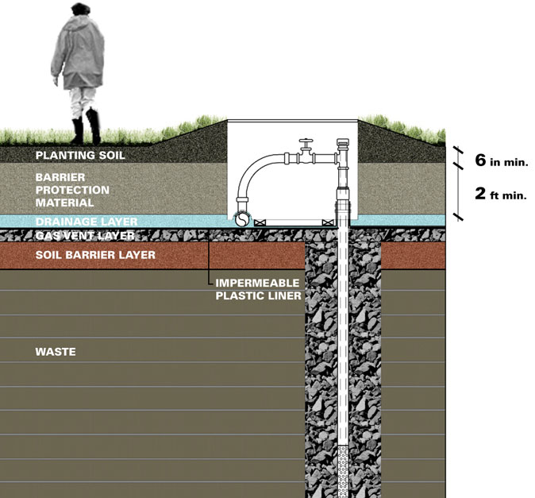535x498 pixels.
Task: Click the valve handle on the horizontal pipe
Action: (x=305, y=143)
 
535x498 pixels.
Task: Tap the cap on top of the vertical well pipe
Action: (x=343, y=144)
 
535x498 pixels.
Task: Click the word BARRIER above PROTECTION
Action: (x=57, y=177)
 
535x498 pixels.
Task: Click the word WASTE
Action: (x=56, y=351)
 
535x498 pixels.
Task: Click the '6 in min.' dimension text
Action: (x=501, y=160)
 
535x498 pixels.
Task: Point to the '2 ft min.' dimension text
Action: (x=501, y=193)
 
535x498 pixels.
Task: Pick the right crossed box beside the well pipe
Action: (x=328, y=221)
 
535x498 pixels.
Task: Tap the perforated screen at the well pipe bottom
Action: (x=343, y=469)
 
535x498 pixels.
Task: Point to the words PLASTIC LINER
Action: (x=258, y=295)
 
